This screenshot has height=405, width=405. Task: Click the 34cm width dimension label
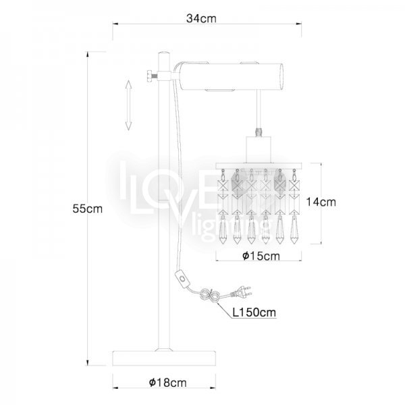(x=201, y=19)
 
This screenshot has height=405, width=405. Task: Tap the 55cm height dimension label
(x=87, y=209)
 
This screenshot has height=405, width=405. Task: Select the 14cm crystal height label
(x=321, y=202)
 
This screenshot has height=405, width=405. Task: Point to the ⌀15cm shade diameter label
(x=261, y=256)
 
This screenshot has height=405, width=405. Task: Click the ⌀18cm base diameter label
(x=167, y=382)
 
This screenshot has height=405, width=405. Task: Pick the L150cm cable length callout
(x=254, y=313)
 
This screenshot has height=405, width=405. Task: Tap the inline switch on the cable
(x=183, y=279)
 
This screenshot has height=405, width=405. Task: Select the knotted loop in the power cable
(x=210, y=295)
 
